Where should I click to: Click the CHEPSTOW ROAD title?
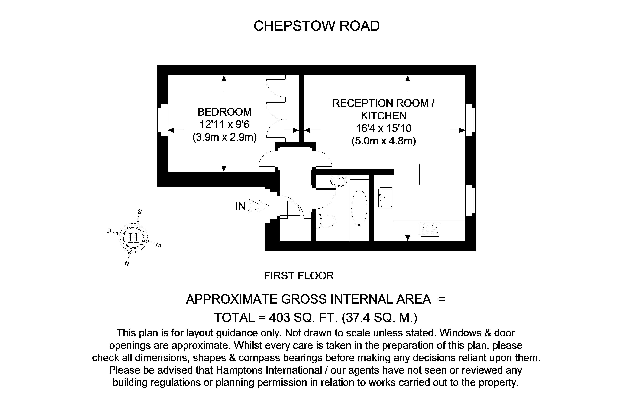[317, 26]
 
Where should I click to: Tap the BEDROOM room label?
[224, 112]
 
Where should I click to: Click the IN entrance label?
[240, 206]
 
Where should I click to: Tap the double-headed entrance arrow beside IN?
[258, 206]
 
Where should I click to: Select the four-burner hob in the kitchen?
[430, 229]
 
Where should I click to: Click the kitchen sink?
[386, 198]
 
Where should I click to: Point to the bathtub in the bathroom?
[359, 208]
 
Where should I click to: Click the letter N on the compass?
[127, 263]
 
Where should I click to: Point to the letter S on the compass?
[139, 211]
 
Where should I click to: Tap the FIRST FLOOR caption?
[299, 276]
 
